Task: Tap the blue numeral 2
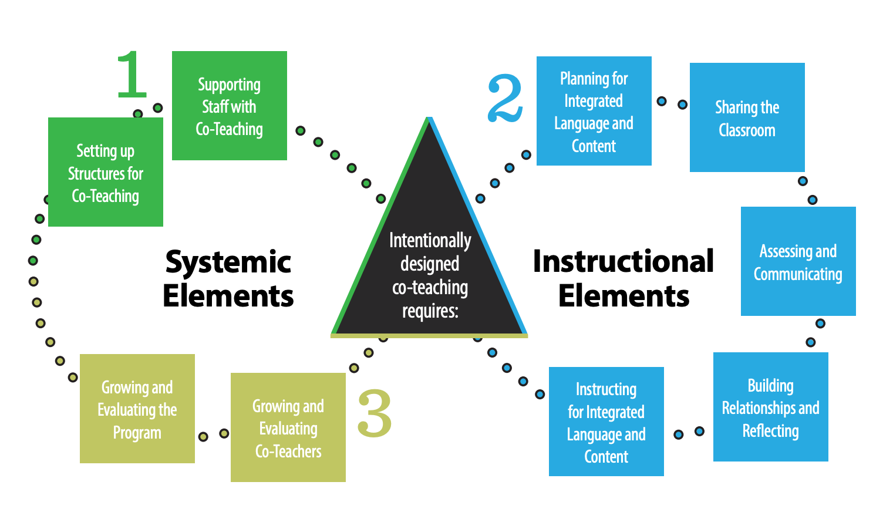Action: pyautogui.click(x=505, y=99)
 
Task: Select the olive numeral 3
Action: pyautogui.click(x=375, y=413)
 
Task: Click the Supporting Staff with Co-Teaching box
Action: pyautogui.click(x=229, y=106)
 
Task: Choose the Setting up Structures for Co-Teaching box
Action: pyautogui.click(x=106, y=172)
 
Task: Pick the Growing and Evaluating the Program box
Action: pyautogui.click(x=137, y=409)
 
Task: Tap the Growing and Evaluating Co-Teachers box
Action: pyautogui.click(x=288, y=427)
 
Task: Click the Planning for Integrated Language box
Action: pyautogui.click(x=594, y=111)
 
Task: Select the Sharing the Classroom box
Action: pyautogui.click(x=747, y=117)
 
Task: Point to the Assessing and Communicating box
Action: pyautogui.click(x=798, y=261)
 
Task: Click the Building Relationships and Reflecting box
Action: pyautogui.click(x=770, y=407)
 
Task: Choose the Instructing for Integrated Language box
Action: pyautogui.click(x=606, y=422)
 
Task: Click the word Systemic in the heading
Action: pyautogui.click(x=228, y=262)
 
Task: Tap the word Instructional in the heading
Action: pyautogui.click(x=624, y=261)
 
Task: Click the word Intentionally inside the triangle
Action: pyautogui.click(x=430, y=240)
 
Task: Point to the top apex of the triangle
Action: pyautogui.click(x=430, y=119)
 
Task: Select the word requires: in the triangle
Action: pyautogui.click(x=430, y=311)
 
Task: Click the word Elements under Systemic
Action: pyautogui.click(x=228, y=296)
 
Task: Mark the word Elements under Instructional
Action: pyautogui.click(x=624, y=296)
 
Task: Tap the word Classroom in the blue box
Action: pyautogui.click(x=747, y=130)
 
